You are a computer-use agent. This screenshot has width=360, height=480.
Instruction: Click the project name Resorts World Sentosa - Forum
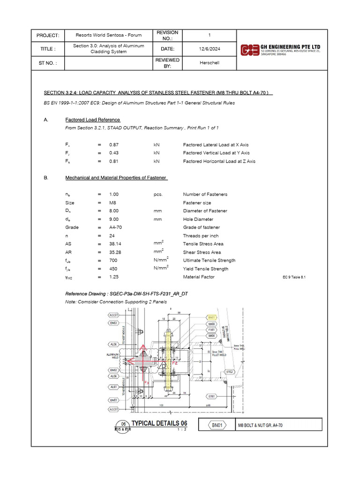coord(108,36)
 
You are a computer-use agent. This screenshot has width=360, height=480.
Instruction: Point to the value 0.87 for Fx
coord(113,145)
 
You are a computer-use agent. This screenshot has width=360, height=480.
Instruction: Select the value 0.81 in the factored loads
coord(113,161)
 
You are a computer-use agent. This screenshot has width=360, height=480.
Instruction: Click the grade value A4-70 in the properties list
coord(115,227)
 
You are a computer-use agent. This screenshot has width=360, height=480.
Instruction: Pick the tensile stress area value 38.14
coord(115,244)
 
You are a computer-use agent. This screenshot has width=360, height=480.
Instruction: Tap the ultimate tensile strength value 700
coord(113,261)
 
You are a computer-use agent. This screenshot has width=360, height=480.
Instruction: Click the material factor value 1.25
coord(113,277)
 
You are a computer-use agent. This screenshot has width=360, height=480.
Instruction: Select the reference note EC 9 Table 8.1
coord(294,277)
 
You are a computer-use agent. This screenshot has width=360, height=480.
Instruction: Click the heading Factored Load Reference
coord(93,120)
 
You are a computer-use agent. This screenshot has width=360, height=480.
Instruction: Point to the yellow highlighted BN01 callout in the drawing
coord(212,317)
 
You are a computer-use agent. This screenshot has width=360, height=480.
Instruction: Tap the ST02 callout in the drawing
coord(230,372)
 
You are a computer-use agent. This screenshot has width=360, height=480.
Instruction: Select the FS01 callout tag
coord(212,330)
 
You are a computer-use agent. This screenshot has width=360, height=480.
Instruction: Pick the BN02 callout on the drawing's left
coord(113,370)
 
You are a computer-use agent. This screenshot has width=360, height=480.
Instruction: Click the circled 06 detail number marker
coord(123,424)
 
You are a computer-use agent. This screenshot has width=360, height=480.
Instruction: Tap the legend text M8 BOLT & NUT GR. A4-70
coord(261,425)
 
